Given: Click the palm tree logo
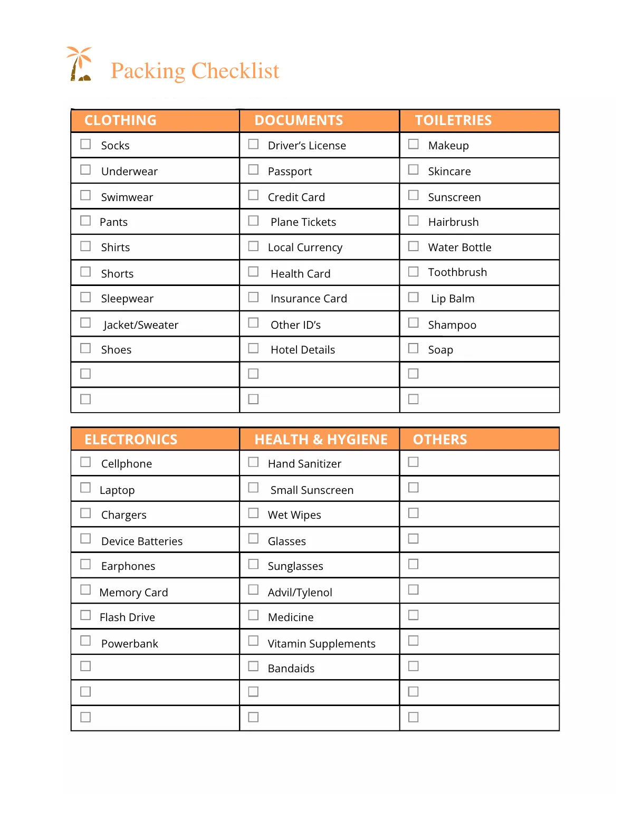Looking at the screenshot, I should tap(80, 64).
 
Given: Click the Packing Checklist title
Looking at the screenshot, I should tap(195, 71).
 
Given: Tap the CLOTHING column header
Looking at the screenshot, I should tap(120, 120).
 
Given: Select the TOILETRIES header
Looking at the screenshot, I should tap(453, 120).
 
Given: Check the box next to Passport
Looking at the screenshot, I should tap(253, 169).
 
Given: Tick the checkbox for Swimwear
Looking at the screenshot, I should tap(85, 195).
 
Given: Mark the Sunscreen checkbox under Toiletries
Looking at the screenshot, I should tap(414, 195).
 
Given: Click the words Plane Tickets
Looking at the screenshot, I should tap(303, 222).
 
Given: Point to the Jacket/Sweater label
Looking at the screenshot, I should tap(141, 325).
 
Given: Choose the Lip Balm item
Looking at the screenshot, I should tap(452, 299).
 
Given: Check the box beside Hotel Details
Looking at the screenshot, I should tap(253, 348).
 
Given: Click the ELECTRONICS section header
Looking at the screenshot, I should tap(131, 440).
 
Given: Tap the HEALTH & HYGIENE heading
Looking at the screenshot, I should tap(321, 440).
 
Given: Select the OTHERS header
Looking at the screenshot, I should tap(440, 440).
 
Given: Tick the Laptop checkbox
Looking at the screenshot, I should tap(85, 488).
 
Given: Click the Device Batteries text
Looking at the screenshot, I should tap(141, 541).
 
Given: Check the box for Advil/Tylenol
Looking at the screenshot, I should tap(253, 589).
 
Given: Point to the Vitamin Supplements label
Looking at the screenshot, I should tap(321, 644).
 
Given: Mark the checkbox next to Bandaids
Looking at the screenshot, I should tap(253, 666).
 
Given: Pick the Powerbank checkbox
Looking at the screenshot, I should tap(85, 641).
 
